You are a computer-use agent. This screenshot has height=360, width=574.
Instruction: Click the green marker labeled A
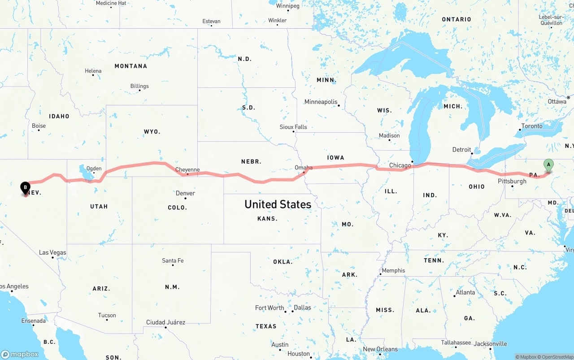coord(548,165)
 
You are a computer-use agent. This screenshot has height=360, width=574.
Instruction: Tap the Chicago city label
coord(400,165)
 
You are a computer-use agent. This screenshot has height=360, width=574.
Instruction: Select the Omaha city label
coord(304,168)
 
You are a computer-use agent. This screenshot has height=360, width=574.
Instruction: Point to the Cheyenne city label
coord(187,169)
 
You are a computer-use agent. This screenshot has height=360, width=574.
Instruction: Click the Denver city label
coord(185,193)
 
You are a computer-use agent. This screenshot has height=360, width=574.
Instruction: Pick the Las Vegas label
coord(52,252)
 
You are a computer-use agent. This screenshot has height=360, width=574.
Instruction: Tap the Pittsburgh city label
coord(512,181)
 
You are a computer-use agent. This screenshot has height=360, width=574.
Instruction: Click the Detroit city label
coord(461,150)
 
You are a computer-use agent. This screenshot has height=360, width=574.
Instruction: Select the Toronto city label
coord(532,126)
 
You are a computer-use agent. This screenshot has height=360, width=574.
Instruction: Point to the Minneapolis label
coord(321,102)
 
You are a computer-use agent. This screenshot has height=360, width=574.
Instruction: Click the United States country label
coord(278,204)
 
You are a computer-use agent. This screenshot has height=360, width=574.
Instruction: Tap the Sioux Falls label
coord(293,127)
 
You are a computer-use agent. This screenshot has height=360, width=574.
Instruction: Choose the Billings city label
coord(139,86)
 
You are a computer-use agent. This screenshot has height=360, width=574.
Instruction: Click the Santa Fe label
coord(173,260)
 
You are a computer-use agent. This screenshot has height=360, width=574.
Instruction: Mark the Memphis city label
coord(393,270)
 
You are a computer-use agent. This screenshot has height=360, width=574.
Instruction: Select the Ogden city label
coord(94,169)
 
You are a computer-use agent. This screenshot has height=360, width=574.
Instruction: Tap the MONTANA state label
coord(130,66)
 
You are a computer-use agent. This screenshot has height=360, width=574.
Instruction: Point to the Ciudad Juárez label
coord(165,322)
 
